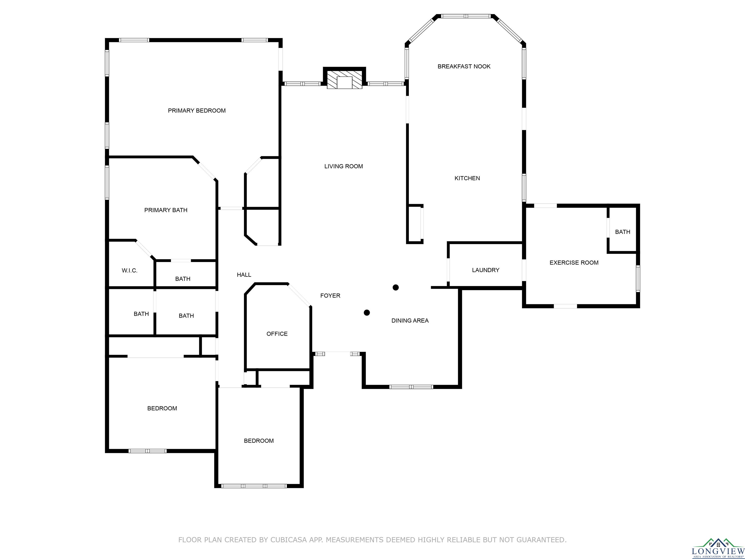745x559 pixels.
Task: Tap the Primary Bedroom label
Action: [197, 111]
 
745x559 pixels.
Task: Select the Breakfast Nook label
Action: [464, 66]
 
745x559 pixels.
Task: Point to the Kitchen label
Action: [467, 178]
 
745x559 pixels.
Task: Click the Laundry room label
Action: [485, 270]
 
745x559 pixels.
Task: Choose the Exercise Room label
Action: [574, 263]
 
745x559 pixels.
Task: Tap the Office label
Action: [277, 334]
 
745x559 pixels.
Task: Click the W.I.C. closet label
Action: [129, 271]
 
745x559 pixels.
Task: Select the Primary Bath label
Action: [166, 210]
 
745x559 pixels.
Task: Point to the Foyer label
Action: [330, 296]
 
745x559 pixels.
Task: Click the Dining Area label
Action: [410, 321]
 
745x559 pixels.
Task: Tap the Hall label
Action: [244, 275]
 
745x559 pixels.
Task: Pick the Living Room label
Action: [344, 166]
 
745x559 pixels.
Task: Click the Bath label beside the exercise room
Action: [622, 232]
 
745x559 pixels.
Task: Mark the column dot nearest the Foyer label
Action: [367, 313]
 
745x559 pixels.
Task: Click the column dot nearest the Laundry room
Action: [396, 288]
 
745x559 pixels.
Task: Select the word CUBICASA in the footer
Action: [288, 540]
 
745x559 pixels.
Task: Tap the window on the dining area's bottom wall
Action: [411, 387]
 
